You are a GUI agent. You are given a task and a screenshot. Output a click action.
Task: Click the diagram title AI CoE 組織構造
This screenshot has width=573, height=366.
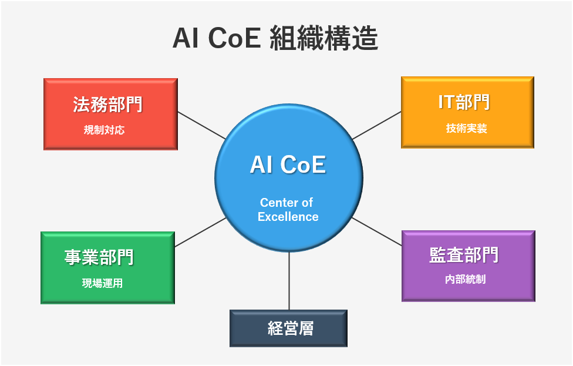point(275,38)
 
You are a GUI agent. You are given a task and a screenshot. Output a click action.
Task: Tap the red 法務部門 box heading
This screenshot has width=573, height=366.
point(107,105)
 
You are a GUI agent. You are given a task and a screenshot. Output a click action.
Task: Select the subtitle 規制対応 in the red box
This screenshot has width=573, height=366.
point(104,130)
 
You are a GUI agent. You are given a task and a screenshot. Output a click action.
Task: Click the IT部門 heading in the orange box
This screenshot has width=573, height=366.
point(464,102)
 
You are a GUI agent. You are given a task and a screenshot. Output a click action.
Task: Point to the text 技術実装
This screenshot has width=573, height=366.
point(467,128)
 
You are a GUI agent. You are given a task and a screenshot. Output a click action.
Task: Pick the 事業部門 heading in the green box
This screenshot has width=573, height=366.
point(99,257)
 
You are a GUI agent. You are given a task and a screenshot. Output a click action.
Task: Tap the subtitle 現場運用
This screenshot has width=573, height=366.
point(102,283)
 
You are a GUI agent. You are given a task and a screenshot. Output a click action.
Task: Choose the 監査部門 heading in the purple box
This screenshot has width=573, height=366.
point(464,255)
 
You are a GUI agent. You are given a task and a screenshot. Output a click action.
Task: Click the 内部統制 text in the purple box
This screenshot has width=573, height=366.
point(466,279)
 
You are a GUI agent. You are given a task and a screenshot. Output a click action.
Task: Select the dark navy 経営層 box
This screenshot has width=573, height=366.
point(288,328)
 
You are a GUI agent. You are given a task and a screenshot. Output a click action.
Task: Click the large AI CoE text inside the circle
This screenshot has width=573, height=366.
point(288,164)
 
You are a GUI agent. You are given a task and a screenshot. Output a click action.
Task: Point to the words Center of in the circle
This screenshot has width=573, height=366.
point(286,202)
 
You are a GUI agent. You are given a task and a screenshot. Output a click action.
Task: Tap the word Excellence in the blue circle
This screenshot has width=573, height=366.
point(288,217)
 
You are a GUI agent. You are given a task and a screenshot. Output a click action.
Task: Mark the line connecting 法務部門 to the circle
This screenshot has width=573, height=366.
point(202,125)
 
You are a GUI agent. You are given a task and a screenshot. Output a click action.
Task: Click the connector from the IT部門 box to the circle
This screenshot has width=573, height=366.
point(377,125)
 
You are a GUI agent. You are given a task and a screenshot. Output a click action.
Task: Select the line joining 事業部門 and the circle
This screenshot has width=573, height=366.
point(201,232)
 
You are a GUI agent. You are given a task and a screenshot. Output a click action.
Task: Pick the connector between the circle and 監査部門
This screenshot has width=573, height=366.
point(377,231)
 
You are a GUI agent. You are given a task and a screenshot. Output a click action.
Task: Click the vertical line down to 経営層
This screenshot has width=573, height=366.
point(289,281)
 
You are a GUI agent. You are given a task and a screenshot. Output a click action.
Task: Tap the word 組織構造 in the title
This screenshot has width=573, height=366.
point(323,38)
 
